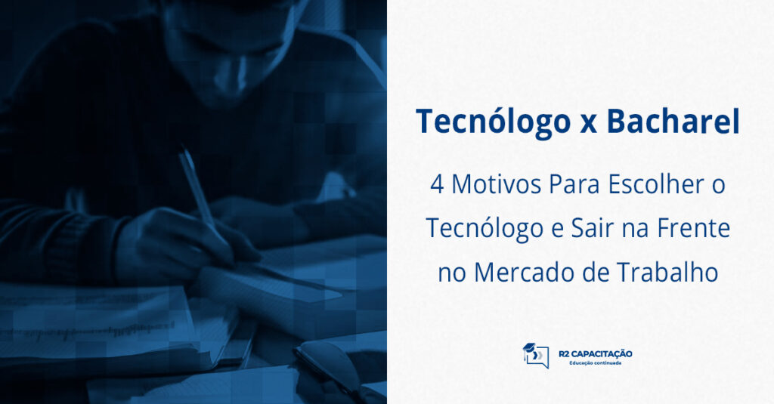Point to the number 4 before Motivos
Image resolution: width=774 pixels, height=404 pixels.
pos(437,186)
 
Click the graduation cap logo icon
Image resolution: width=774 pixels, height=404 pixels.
pos(536,356)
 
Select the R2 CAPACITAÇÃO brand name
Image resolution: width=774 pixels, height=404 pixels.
pos(596,353)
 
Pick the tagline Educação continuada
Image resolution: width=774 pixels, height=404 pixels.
pos(596,363)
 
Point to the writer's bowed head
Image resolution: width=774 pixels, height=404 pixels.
pos(234,45)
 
